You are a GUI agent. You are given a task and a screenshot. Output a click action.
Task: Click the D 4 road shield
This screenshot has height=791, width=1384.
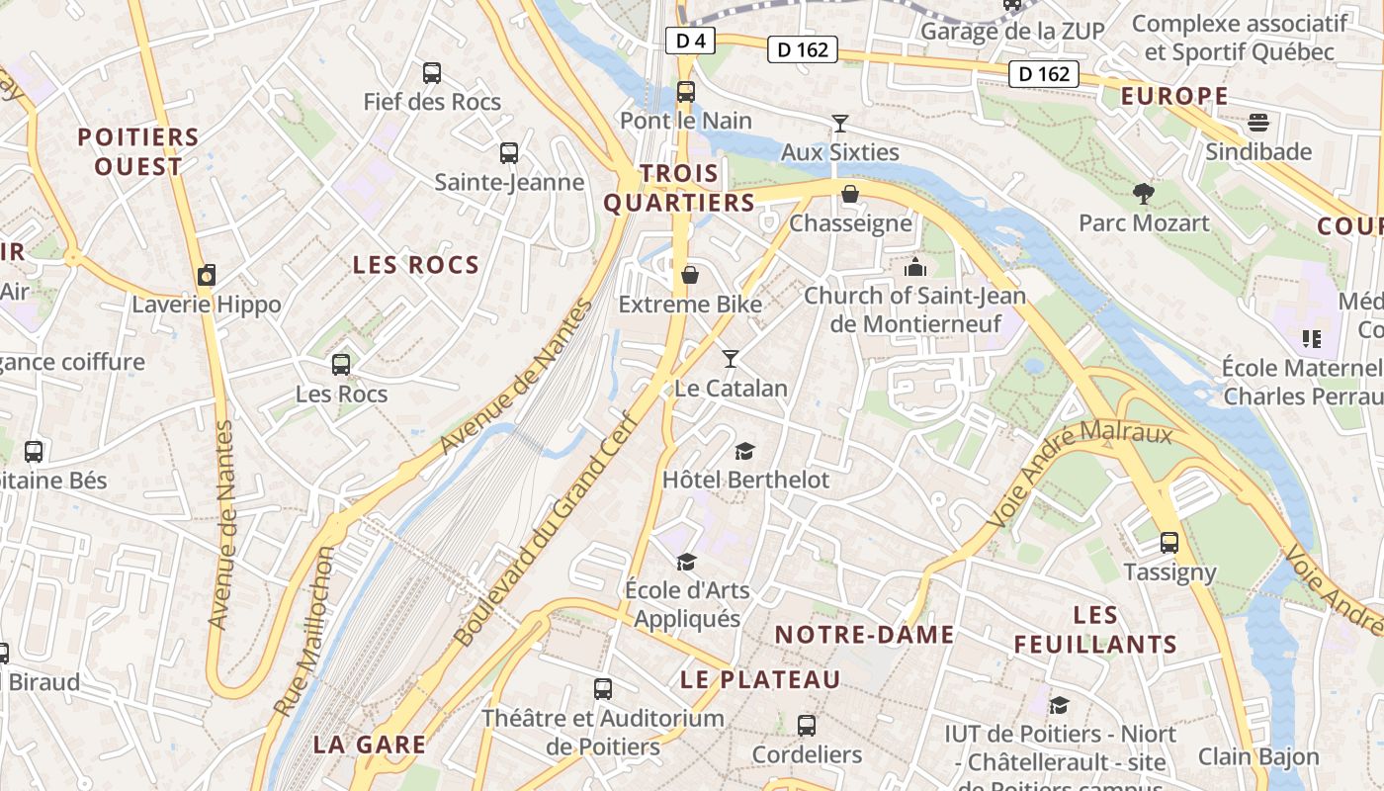pyautogui.click(x=690, y=41)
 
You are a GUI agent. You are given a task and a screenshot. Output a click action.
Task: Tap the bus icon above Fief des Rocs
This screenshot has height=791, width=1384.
pyautogui.click(x=432, y=72)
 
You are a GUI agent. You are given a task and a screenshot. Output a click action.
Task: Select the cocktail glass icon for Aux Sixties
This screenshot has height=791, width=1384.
pyautogui.click(x=840, y=124)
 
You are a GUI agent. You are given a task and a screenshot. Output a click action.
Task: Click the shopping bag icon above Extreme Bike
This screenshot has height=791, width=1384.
pyautogui.click(x=690, y=274)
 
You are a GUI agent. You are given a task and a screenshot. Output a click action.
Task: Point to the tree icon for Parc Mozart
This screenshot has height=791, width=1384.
pyautogui.click(x=1144, y=193)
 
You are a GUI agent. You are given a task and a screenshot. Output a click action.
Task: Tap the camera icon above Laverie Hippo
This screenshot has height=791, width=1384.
pyautogui.click(x=206, y=276)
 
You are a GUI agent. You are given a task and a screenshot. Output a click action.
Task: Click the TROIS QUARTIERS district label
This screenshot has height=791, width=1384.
pyautogui.click(x=679, y=188)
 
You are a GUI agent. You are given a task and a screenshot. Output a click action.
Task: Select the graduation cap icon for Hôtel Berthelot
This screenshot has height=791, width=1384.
pyautogui.click(x=744, y=451)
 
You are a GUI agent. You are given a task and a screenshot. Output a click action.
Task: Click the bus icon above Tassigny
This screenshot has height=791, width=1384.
pyautogui.click(x=1169, y=542)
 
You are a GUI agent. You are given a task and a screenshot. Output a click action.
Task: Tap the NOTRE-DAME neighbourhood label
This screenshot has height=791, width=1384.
pyautogui.click(x=864, y=635)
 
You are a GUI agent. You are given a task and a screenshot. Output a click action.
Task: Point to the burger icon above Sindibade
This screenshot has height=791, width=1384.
pyautogui.click(x=1258, y=123)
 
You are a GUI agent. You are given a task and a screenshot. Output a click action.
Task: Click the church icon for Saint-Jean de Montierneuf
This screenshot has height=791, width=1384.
pyautogui.click(x=915, y=267)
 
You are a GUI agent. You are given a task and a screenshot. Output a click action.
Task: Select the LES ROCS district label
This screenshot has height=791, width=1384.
pyautogui.click(x=415, y=265)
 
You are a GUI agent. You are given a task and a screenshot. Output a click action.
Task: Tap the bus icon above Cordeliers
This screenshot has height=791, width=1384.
pyautogui.click(x=807, y=726)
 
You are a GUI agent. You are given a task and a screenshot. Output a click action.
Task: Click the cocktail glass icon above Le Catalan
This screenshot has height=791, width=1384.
pyautogui.click(x=731, y=358)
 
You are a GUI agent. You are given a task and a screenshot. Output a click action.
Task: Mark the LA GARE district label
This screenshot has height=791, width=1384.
pyautogui.click(x=370, y=745)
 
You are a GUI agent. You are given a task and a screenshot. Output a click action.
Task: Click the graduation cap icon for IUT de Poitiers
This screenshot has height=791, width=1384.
pyautogui.click(x=1059, y=705)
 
